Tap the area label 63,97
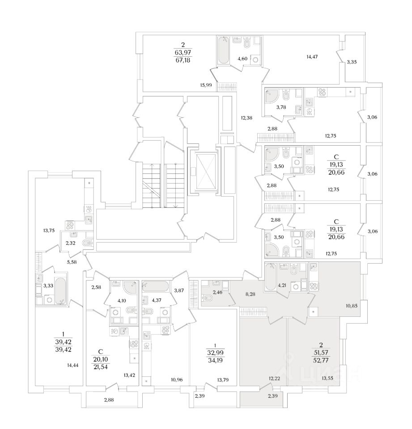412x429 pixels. [183, 52]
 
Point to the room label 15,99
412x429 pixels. [206, 85]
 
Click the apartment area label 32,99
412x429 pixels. [216, 353]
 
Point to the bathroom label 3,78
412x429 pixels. [281, 108]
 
